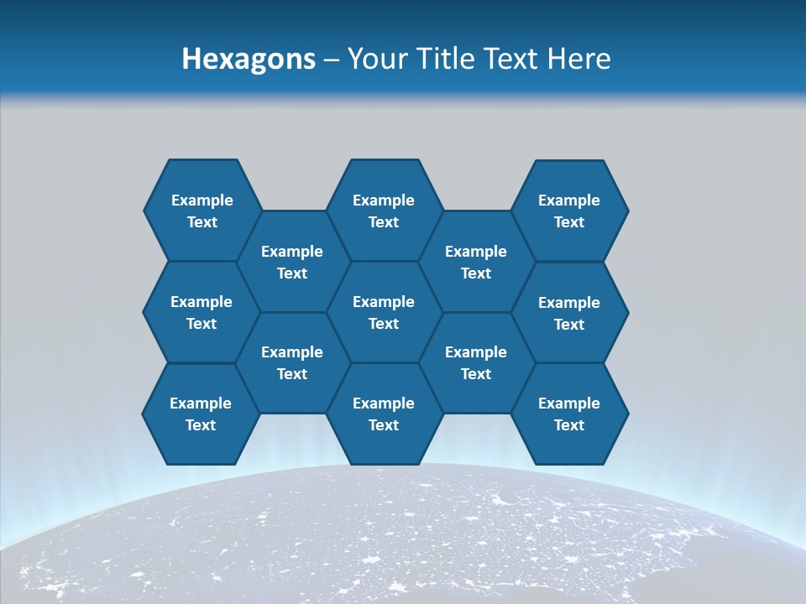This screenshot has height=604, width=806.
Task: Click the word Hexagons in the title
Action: click(249, 59)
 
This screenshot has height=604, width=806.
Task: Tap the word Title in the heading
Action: click(447, 59)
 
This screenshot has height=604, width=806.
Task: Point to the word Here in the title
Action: click(579, 59)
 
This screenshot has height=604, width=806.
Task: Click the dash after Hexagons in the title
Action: click(332, 60)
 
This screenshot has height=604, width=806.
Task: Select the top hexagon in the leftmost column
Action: click(201, 211)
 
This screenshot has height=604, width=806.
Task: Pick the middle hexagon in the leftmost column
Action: click(201, 312)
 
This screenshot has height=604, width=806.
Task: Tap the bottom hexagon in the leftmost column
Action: click(201, 414)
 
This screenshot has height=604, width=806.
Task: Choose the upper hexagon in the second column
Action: click(292, 262)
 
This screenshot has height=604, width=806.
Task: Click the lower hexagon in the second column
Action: click(292, 362)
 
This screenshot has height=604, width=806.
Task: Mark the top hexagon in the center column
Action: click(384, 211)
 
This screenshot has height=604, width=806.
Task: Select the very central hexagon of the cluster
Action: click(384, 312)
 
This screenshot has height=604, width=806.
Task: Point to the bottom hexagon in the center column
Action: click(384, 414)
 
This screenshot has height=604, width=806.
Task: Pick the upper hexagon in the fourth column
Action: click(476, 262)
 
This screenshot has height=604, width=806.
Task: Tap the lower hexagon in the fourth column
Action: click(476, 362)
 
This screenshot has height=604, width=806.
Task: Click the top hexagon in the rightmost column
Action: click(569, 211)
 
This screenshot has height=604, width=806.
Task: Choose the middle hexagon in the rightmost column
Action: click(569, 313)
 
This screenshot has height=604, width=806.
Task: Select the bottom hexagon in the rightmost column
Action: click(569, 414)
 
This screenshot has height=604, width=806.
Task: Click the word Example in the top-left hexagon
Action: click(201, 200)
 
